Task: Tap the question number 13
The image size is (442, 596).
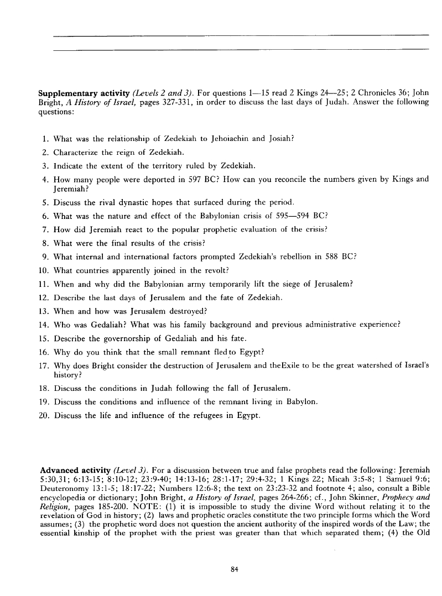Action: [x=45, y=311]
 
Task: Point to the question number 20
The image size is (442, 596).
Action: [x=45, y=416]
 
